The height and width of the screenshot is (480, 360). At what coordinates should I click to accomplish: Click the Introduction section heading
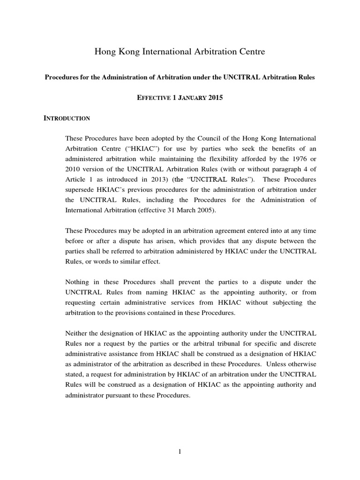(67, 119)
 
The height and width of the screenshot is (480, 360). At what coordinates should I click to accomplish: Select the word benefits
(278, 149)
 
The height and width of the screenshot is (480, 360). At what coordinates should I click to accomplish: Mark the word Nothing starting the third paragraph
(78, 282)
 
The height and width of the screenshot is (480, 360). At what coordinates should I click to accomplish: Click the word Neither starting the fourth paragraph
(77, 333)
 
